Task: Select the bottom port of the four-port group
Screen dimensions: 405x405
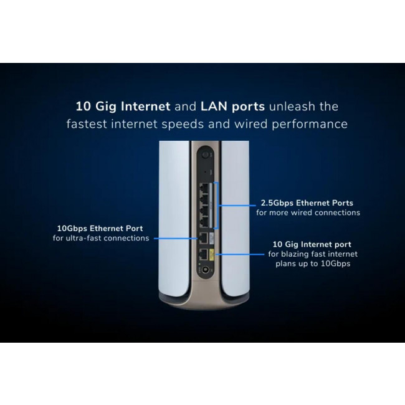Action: click(x=204, y=219)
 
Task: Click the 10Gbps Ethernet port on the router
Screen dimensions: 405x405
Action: click(x=203, y=238)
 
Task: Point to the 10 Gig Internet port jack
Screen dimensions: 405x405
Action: click(x=203, y=254)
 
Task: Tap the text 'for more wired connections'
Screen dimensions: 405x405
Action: click(x=308, y=212)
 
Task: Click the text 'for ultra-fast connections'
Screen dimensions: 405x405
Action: click(x=101, y=238)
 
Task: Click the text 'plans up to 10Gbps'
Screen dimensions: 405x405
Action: click(x=313, y=264)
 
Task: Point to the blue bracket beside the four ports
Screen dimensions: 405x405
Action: click(x=219, y=203)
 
